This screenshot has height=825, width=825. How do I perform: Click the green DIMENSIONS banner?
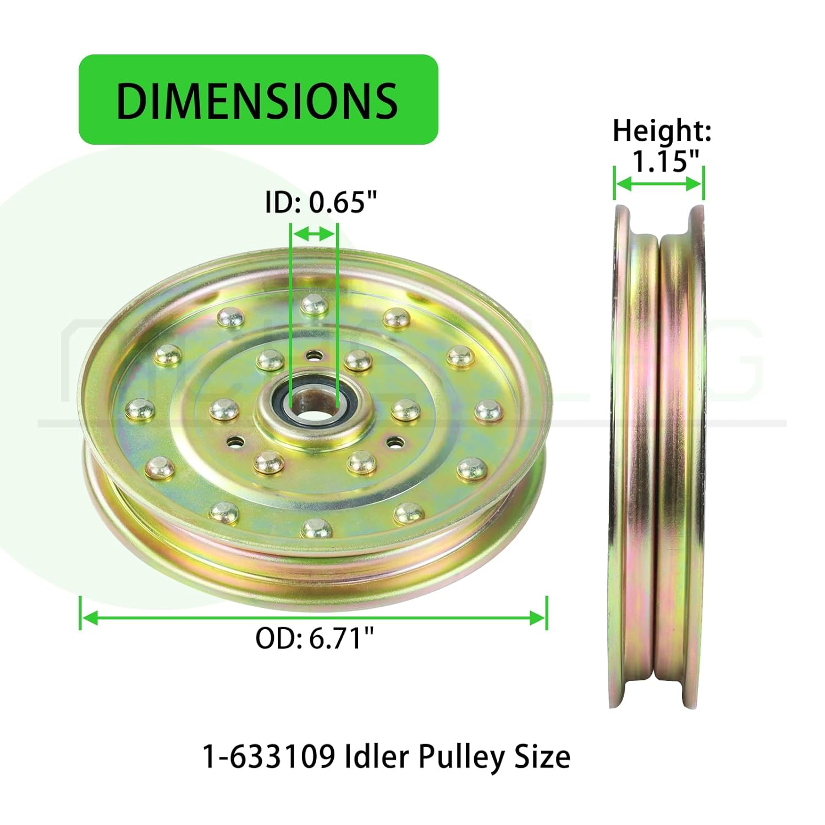[x=258, y=100]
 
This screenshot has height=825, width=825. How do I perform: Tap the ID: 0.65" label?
[x=321, y=202]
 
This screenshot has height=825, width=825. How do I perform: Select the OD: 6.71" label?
[x=315, y=639]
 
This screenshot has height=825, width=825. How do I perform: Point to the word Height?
[x=662, y=131]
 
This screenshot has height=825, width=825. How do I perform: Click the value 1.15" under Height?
[x=664, y=161]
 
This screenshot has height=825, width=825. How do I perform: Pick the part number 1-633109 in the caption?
[x=269, y=756]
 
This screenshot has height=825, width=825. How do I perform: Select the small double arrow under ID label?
[x=314, y=234]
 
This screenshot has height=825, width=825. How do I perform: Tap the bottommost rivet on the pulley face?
[x=316, y=530]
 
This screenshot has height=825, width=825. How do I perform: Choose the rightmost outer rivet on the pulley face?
[x=487, y=410]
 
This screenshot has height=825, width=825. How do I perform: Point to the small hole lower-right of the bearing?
[x=395, y=442]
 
